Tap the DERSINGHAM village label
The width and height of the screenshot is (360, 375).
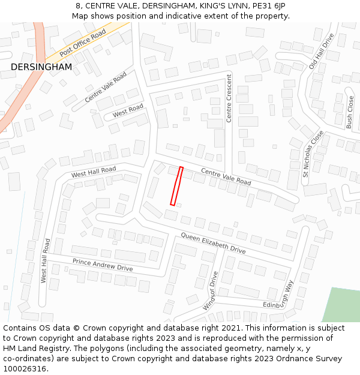[x=41, y=67]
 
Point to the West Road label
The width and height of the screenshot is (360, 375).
[x=128, y=110]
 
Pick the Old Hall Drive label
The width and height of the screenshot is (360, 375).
[x=320, y=52]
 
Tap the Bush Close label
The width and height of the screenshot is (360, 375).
[x=350, y=113]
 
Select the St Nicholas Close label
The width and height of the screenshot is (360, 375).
[x=313, y=154]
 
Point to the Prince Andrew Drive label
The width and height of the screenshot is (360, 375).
[x=103, y=265]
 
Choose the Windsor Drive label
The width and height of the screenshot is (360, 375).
[x=211, y=290]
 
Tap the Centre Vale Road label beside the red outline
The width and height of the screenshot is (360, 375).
[x=226, y=176]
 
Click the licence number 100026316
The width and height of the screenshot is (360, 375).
[x=25, y=368]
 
